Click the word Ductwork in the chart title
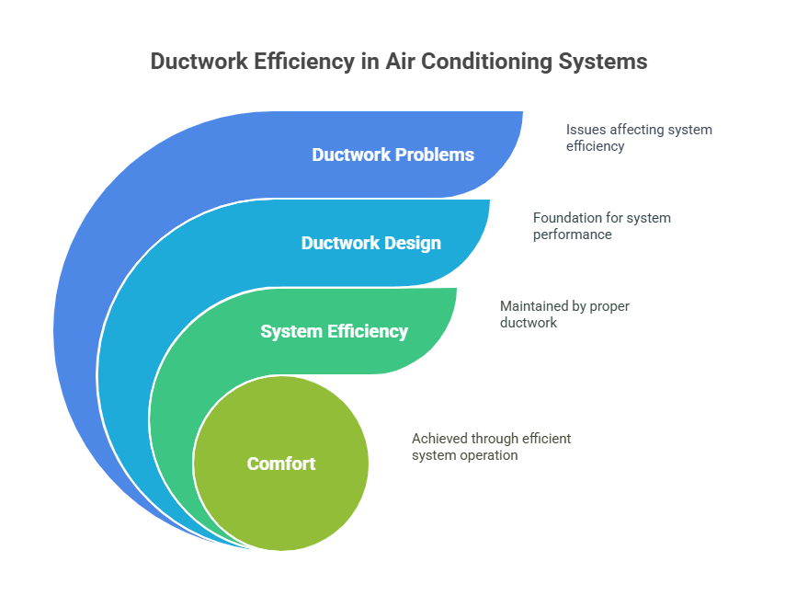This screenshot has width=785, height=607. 196,62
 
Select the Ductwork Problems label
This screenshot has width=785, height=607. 392,155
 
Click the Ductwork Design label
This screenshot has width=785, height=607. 370,243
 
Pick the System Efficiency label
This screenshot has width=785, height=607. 334,331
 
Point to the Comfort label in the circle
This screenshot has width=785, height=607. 281,464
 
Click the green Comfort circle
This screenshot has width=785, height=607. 281,497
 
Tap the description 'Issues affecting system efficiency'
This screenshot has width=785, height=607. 639,138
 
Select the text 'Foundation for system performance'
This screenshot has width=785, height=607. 602,226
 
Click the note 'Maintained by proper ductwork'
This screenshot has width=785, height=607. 564,315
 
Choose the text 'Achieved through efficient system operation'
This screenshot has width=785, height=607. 491,447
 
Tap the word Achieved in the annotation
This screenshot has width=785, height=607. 438,439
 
